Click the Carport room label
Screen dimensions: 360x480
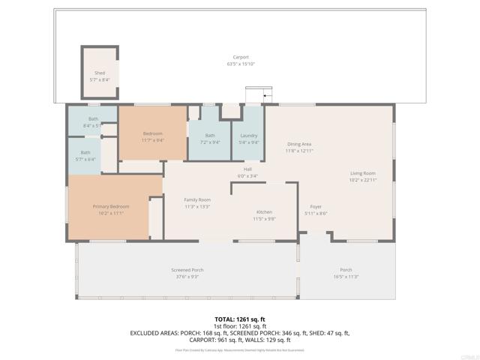[x=240, y=57]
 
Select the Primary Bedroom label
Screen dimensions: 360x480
[x=111, y=206]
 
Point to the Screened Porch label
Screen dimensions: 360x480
[x=187, y=270]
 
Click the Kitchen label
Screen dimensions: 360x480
[x=264, y=212]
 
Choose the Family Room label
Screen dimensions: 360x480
[x=197, y=199]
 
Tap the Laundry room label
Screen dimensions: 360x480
[x=248, y=135]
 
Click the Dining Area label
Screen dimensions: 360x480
[x=299, y=144]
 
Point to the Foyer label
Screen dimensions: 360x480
[x=316, y=206]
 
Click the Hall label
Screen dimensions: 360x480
[x=247, y=169]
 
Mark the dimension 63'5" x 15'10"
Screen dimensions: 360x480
[x=240, y=64]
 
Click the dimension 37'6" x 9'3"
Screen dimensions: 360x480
[x=187, y=277]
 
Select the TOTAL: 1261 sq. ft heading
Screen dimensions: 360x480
[x=240, y=318]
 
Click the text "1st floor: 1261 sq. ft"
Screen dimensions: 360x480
[x=240, y=325]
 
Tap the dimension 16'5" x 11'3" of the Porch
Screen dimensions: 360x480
[x=346, y=277]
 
